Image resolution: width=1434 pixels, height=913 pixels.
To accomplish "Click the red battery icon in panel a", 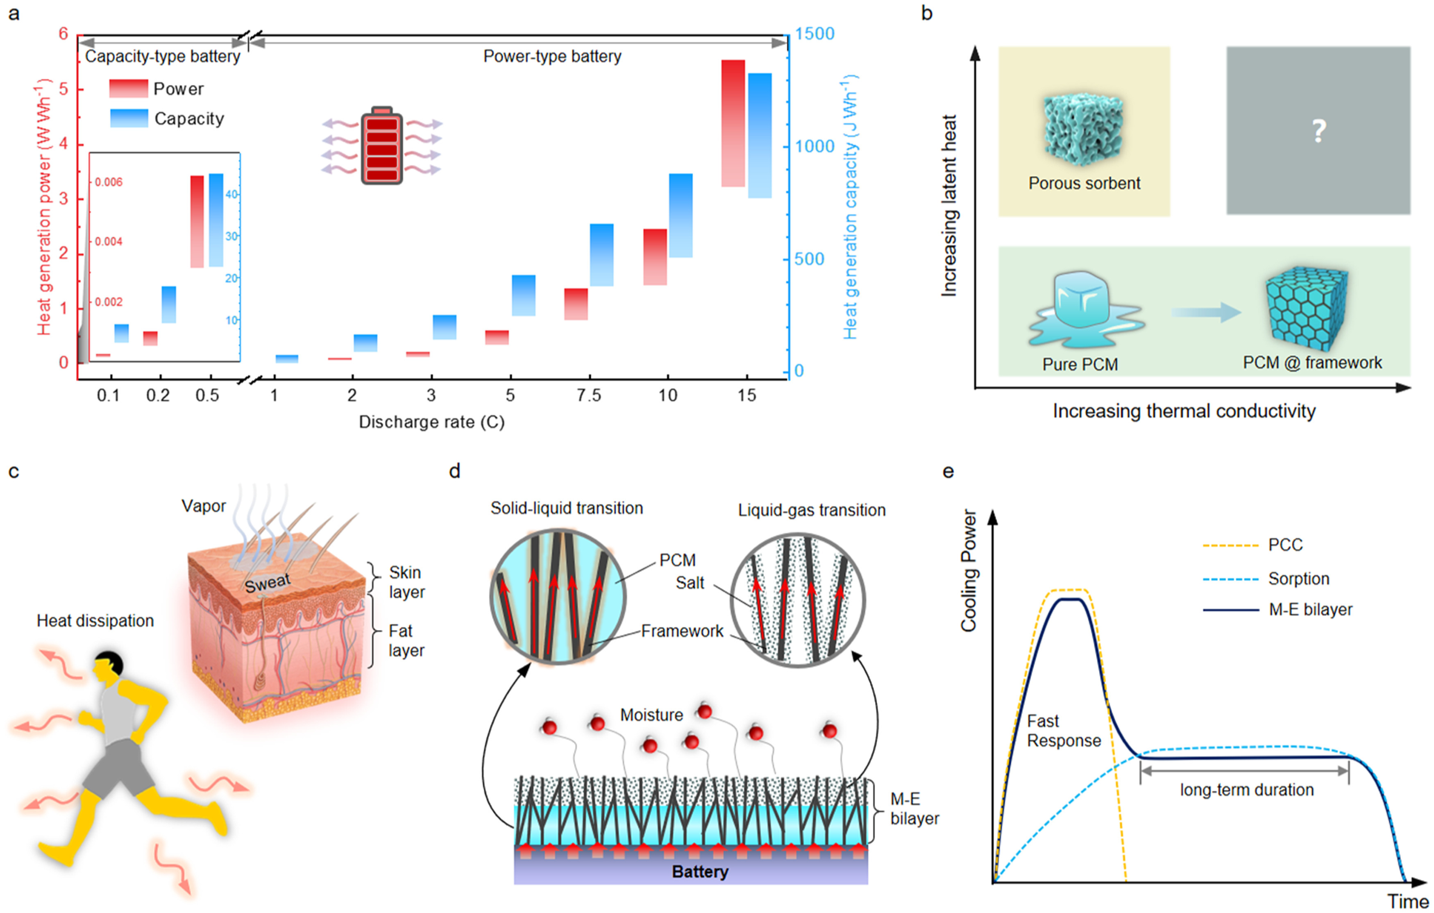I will coord(382,146).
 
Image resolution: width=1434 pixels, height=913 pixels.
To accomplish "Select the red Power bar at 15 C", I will coord(733,123).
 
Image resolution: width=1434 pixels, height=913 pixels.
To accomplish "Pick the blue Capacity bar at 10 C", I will coord(681,215).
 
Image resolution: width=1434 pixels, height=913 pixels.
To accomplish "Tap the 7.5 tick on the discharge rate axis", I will coord(588,395).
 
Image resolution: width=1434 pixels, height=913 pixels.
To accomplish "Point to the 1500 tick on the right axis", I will coord(814,34).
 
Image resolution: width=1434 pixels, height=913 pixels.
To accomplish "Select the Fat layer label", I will coord(406,640).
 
